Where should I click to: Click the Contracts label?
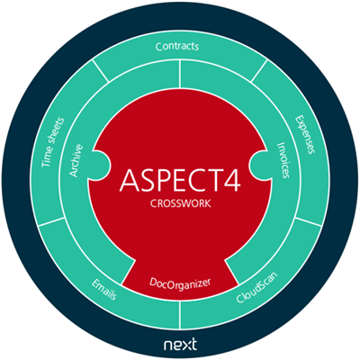tap(177, 47)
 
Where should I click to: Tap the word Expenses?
tap(305, 134)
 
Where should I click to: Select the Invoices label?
tap(283, 160)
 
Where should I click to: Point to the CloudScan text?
tap(256, 288)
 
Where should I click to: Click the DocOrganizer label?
tap(180, 283)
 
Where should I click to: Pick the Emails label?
tap(104, 289)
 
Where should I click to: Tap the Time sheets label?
tap(53, 142)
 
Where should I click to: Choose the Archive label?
tap(76, 160)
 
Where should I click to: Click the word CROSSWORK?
tap(180, 203)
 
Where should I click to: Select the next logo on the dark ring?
tap(180, 344)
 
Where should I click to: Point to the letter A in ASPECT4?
tap(130, 180)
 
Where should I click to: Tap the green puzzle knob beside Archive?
tap(102, 164)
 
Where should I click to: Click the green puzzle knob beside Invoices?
tap(260, 164)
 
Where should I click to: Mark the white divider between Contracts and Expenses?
tap(259, 71)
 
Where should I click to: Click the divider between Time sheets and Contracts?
tap(101, 71)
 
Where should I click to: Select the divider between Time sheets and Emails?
tap(51, 221)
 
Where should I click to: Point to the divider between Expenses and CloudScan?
tap(309, 221)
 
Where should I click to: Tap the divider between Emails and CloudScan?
tap(180, 315)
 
